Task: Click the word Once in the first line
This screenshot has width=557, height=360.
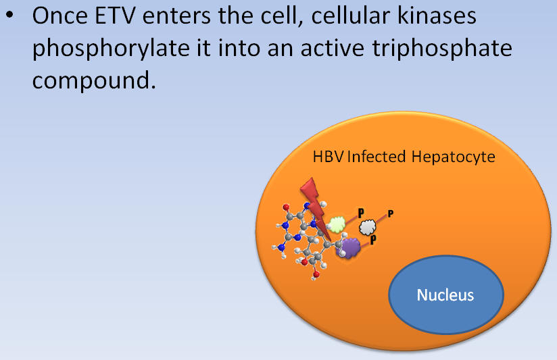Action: pyautogui.click(x=59, y=16)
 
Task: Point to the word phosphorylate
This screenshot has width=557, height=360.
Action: pyautogui.click(x=111, y=49)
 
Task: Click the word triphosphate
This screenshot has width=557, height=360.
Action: pyautogui.click(x=442, y=49)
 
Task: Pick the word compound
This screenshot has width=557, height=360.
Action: pyautogui.click(x=94, y=80)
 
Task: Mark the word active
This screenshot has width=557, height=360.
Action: pyautogui.click(x=332, y=47)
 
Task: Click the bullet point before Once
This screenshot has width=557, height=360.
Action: pyautogui.click(x=10, y=16)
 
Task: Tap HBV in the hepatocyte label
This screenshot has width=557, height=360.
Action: pyautogui.click(x=328, y=157)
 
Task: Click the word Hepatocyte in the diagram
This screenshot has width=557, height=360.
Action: pyautogui.click(x=454, y=157)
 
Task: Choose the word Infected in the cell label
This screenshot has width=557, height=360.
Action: pyautogui.click(x=377, y=157)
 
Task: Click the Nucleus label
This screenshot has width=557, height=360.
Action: pyautogui.click(x=445, y=295)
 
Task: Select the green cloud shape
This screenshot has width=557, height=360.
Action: pyautogui.click(x=337, y=224)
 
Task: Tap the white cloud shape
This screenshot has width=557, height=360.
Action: pyautogui.click(x=367, y=227)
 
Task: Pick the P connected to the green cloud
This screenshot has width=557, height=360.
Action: pyautogui.click(x=361, y=213)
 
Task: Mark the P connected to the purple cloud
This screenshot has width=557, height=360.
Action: pyautogui.click(x=373, y=240)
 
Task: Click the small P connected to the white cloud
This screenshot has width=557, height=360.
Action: pyautogui.click(x=391, y=213)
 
